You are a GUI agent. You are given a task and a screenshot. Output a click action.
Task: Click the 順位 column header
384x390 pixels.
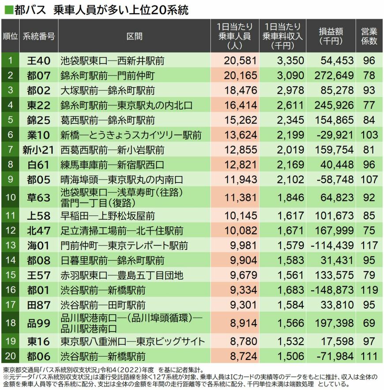[x=10, y=36]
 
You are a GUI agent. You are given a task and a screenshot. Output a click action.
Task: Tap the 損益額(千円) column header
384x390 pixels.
[x=331, y=36]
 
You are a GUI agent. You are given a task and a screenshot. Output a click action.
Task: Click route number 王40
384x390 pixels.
[x=39, y=60]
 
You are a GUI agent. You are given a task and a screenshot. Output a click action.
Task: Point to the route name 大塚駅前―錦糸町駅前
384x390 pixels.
[x=108, y=90]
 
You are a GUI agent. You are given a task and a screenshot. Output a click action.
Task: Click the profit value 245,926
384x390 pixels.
[x=334, y=105]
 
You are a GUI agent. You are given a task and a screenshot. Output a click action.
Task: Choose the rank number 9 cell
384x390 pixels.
[x=10, y=180]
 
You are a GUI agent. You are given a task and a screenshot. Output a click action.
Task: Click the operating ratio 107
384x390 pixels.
[x=369, y=180]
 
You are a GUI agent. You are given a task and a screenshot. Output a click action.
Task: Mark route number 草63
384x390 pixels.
[x=39, y=198]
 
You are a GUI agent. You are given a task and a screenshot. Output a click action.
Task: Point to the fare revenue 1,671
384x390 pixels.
[x=286, y=231]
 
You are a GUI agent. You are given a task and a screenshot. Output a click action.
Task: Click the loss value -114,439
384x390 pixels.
[x=332, y=245]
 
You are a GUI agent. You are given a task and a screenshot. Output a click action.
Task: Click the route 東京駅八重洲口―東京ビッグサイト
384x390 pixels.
[x=132, y=341]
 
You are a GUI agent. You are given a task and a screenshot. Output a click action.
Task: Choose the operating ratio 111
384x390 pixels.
[x=369, y=356]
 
